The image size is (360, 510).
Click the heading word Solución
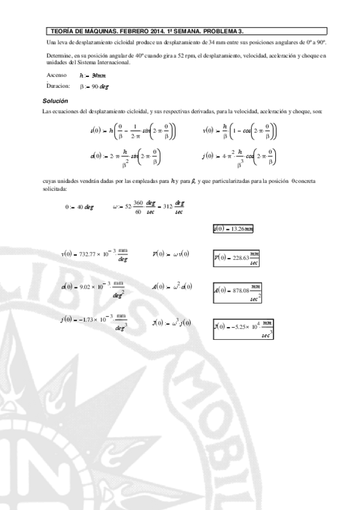55,100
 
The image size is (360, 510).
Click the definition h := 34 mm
93,76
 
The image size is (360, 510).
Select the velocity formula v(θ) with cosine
240,131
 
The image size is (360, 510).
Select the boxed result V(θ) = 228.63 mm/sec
237,257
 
